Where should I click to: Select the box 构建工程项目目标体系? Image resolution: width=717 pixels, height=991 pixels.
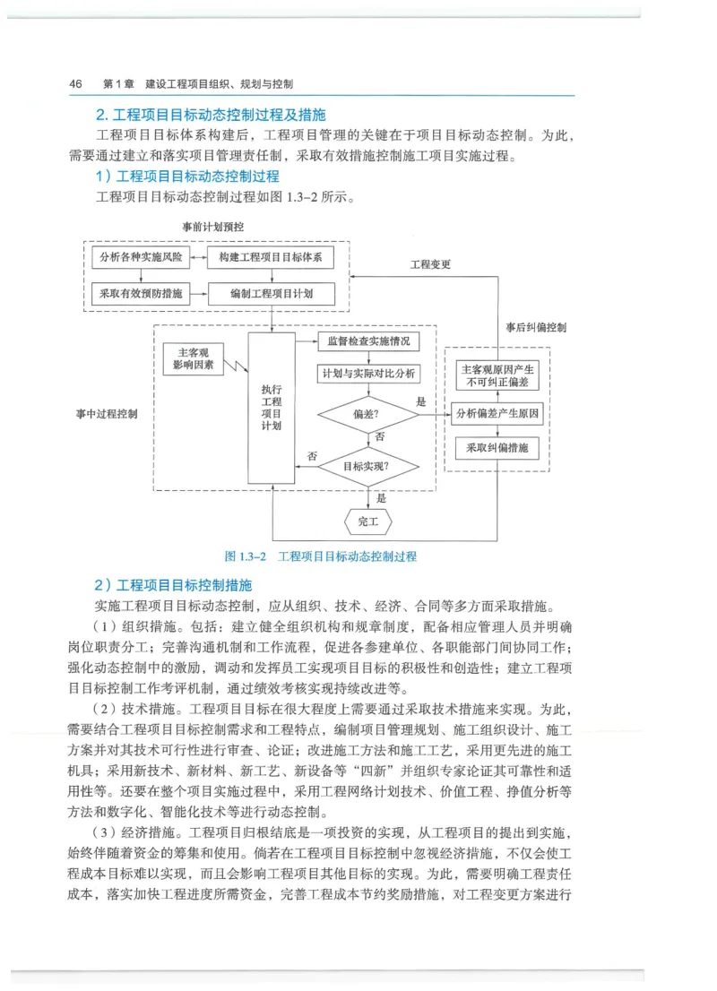[x=271, y=258]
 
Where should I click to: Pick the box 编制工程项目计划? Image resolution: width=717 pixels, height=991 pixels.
[x=271, y=293]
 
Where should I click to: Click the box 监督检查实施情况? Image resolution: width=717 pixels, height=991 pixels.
[x=368, y=341]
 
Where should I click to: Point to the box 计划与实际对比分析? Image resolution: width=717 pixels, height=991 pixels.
[x=368, y=375]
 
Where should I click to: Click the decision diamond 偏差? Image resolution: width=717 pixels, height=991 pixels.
[x=367, y=414]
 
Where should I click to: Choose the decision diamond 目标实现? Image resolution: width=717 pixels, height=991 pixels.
[x=367, y=466]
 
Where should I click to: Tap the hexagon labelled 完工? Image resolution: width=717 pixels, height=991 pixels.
[x=367, y=521]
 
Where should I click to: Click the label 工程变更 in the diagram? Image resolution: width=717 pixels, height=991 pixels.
[x=430, y=264]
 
